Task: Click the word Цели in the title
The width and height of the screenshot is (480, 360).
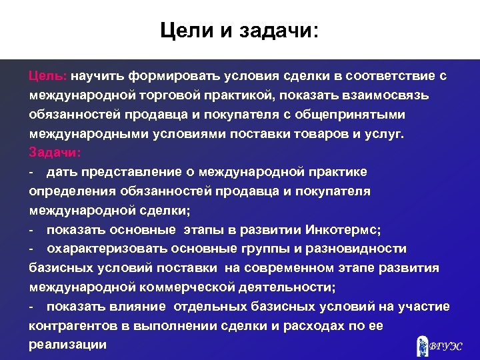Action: (182, 31)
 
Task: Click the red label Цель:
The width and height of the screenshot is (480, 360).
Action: (48, 76)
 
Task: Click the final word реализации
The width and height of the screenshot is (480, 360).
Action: (67, 345)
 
